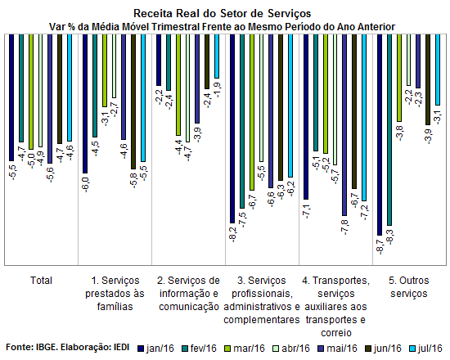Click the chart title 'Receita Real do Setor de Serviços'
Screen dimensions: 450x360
222,13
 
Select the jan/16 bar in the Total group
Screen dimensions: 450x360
11,97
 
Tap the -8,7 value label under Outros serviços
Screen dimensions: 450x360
380,247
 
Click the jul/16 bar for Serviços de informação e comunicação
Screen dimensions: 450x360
217,56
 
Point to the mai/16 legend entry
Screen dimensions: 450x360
337,349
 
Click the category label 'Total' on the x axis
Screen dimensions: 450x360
41,281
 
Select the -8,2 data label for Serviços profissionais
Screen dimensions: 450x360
233,235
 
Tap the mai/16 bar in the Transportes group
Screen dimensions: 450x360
344,125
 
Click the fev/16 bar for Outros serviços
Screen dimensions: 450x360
389,130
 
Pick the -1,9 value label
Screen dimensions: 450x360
218,90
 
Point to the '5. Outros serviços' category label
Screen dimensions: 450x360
409,287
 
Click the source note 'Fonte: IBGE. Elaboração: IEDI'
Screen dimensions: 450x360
68,347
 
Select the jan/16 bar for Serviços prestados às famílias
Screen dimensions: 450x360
85,104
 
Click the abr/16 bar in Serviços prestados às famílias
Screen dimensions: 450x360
115,66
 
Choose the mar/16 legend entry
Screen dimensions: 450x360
245,349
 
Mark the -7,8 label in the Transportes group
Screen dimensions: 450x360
345,227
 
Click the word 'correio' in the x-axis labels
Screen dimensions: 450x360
336,333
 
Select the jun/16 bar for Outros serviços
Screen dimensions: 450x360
428,79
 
